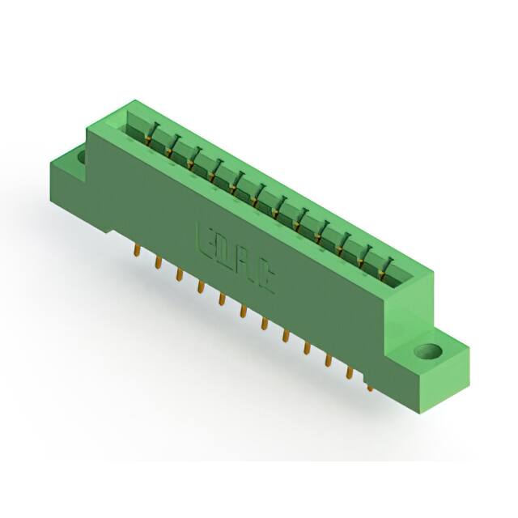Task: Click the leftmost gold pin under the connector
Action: coord(137,253)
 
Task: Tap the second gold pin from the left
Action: coord(158,265)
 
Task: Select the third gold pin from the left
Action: coord(178,277)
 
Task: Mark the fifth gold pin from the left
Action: coord(221,300)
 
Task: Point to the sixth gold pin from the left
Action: coord(242,312)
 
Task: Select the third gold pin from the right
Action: coord(328,360)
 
